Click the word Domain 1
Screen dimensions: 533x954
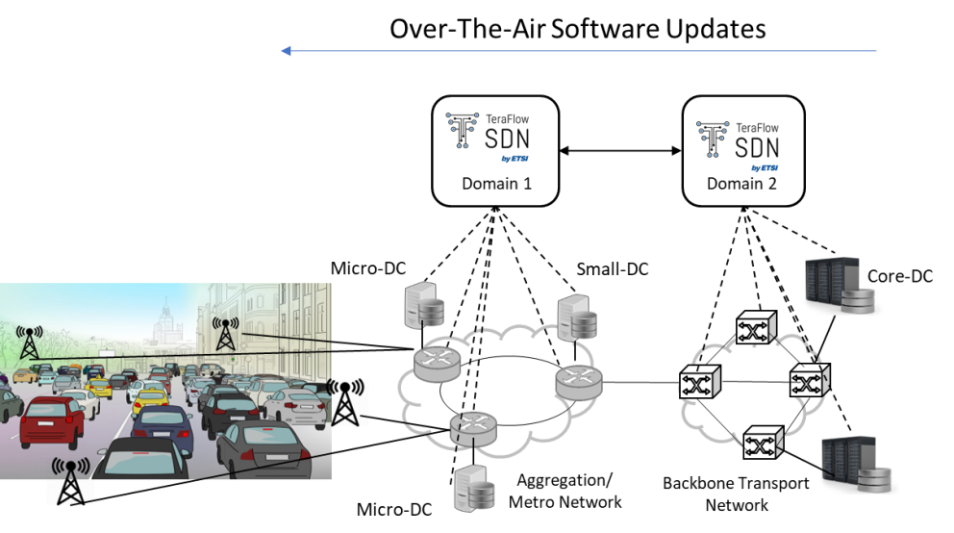495,184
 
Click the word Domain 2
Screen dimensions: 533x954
741,183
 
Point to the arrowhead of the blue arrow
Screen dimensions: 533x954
286,51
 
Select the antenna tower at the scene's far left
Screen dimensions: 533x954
29,343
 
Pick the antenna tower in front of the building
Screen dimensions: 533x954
226,333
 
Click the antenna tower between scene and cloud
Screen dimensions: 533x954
347,400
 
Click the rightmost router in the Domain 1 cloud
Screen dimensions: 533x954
579,382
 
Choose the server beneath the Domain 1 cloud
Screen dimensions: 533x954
475,491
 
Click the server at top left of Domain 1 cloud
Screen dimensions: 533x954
425,307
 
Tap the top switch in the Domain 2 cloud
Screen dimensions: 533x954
756,330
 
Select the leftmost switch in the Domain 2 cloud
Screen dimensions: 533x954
699,383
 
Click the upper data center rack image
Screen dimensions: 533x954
841,285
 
